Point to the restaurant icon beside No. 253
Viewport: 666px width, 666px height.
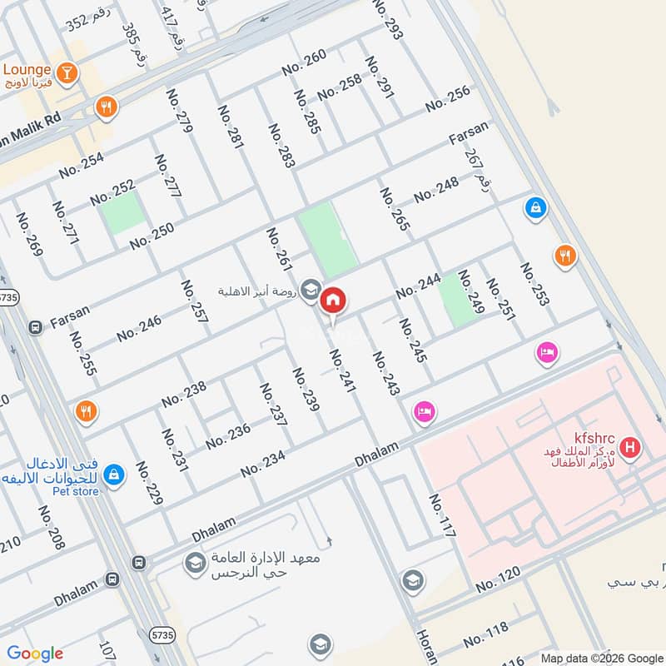566,256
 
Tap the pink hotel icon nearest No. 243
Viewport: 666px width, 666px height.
425,411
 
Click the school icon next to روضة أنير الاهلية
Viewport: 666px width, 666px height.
311,289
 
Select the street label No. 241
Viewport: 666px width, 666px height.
342,370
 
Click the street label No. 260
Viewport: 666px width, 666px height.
304,63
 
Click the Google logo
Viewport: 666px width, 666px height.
35,654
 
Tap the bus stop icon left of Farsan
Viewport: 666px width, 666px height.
35,327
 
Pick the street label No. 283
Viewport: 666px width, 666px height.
281,146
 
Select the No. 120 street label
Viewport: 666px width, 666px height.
499,579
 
